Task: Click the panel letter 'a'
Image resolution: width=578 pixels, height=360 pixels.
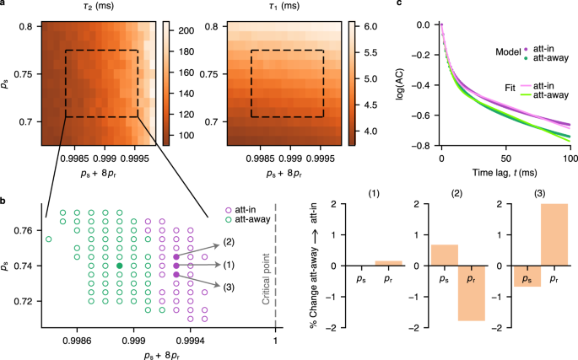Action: pyautogui.click(x=4, y=5)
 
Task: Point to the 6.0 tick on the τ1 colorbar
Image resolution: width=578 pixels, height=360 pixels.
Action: pyautogui.click(x=372, y=28)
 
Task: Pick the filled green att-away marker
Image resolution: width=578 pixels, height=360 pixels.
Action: pyautogui.click(x=120, y=266)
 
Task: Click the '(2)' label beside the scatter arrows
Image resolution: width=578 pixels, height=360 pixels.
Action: pyautogui.click(x=229, y=243)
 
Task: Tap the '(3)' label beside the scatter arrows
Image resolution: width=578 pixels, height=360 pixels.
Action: pyautogui.click(x=229, y=287)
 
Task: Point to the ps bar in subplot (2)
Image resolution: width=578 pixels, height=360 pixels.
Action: pyautogui.click(x=444, y=255)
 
